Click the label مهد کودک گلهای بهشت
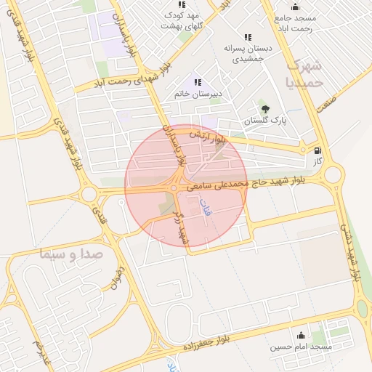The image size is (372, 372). point(182,20)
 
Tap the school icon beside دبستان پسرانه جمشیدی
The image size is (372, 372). point(248,37)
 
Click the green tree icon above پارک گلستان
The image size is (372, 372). point(264,108)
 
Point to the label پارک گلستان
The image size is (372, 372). point(264,121)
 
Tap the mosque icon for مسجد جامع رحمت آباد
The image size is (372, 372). point(294,7)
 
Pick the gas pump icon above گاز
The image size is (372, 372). point(317,151)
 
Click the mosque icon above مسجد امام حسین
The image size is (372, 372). point(301,335)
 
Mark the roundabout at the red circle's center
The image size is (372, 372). point(174,189)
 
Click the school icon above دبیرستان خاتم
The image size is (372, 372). point(198,81)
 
